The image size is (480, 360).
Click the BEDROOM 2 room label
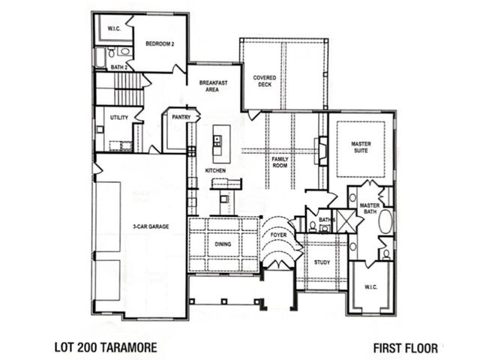[x=160, y=43]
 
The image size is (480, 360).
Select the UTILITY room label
[x=118, y=118]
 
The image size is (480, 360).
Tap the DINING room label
[x=223, y=244]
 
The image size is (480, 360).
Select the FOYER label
[x=279, y=235]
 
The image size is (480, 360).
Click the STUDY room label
[x=322, y=262]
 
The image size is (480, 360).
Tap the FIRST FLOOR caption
[x=405, y=348]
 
